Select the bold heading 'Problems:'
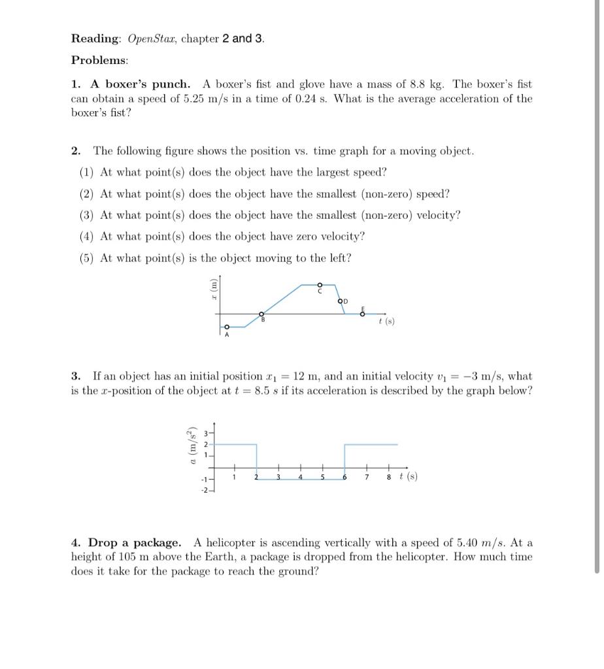pos(99,60)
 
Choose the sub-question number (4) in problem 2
pos(87,237)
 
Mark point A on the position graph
pos(227,327)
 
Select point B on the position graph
pos(261,314)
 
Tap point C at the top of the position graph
pos(320,285)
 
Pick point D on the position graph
pos(341,301)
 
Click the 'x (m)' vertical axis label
pos(212,289)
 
